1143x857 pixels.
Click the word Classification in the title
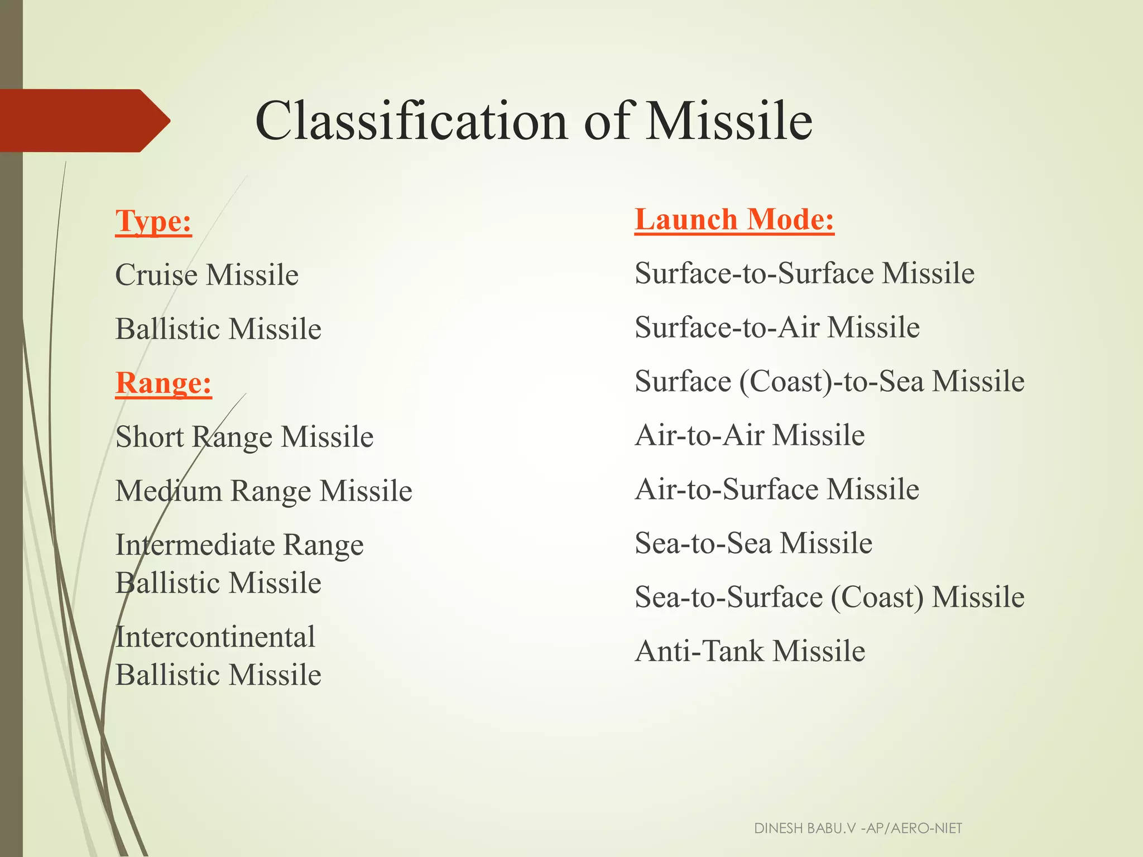click(x=412, y=121)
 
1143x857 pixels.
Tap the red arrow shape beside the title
click(x=84, y=121)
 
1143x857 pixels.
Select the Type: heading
click(x=153, y=221)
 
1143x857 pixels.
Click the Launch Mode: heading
click(x=734, y=219)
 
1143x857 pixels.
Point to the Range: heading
click(x=164, y=383)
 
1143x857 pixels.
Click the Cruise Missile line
click(x=206, y=275)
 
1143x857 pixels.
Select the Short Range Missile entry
click(x=244, y=436)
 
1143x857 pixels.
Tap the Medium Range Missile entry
click(x=263, y=490)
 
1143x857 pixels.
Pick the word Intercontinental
click(x=215, y=637)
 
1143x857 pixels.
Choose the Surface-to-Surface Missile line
click(x=804, y=273)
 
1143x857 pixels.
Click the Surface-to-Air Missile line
click(x=777, y=327)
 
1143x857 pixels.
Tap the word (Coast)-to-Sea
click(x=832, y=381)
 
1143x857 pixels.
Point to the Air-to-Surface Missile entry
click(x=777, y=489)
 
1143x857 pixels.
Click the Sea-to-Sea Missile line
click(x=753, y=543)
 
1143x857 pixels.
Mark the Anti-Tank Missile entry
click(x=750, y=651)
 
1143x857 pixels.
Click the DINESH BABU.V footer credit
click(x=858, y=828)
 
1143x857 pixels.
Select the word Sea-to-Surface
click(x=728, y=597)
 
